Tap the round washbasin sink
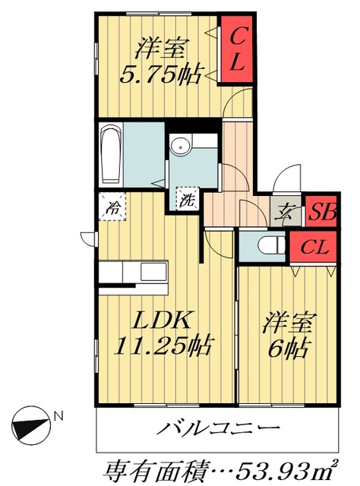(x=182, y=146)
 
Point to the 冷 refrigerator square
(x=112, y=204)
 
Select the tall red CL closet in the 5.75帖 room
(x=235, y=49)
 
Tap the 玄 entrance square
(x=285, y=213)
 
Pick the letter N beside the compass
(x=58, y=415)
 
